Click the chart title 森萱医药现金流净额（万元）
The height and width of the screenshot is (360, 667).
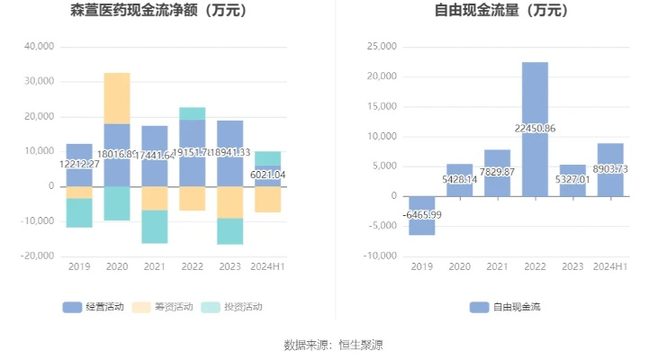[158, 12]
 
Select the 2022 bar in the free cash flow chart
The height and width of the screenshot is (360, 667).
[535, 129]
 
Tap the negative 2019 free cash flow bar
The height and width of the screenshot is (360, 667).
[421, 216]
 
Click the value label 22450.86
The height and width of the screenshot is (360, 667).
[535, 129]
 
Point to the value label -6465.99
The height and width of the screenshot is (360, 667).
[421, 214]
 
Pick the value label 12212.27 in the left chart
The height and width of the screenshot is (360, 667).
[79, 165]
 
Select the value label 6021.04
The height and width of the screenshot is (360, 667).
[267, 175]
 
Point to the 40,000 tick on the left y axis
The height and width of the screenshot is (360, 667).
[38, 47]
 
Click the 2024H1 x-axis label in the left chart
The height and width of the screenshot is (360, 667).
[267, 266]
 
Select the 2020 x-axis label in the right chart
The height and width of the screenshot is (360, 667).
[459, 266]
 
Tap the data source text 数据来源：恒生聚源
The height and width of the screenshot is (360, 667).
[333, 345]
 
